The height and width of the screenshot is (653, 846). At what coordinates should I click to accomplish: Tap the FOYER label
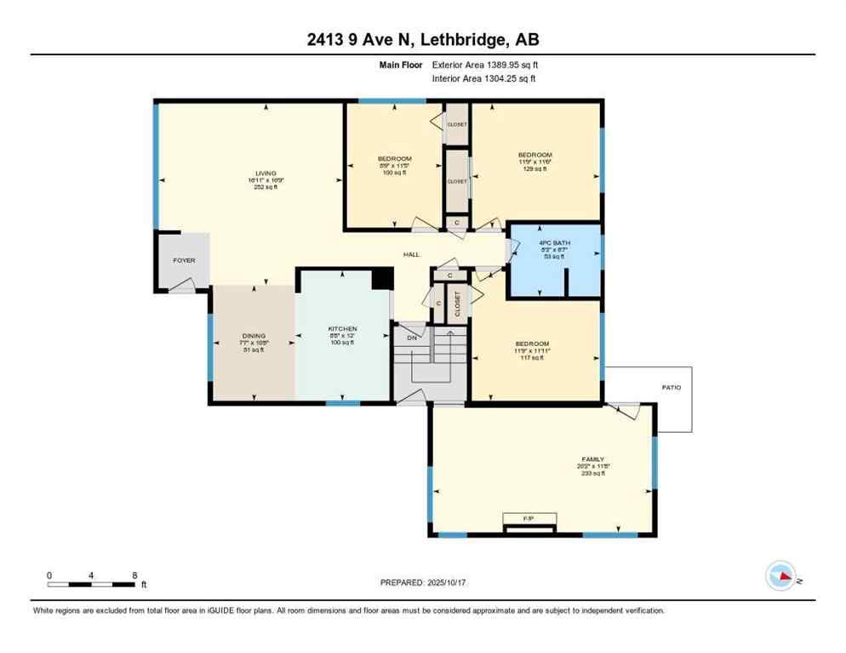click(184, 260)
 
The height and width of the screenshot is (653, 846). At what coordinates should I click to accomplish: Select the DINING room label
click(254, 336)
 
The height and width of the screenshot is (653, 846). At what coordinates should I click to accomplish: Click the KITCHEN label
click(342, 329)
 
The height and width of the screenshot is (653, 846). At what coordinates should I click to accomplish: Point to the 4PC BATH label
click(554, 242)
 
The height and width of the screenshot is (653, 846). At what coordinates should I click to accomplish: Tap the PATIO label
click(672, 388)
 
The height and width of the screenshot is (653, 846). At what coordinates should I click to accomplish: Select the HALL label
click(412, 254)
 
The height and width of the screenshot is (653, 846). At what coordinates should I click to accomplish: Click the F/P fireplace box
click(529, 518)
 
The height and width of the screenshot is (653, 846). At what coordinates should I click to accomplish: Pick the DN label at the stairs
click(411, 338)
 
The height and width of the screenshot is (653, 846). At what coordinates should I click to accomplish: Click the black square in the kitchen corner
click(383, 279)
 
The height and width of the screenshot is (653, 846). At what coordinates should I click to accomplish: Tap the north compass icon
click(781, 576)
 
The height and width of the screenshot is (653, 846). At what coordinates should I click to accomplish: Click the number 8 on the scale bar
click(134, 576)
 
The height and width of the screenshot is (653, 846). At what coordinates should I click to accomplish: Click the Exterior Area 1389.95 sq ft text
click(483, 64)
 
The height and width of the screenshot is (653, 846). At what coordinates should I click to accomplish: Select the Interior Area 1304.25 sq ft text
click(483, 79)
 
